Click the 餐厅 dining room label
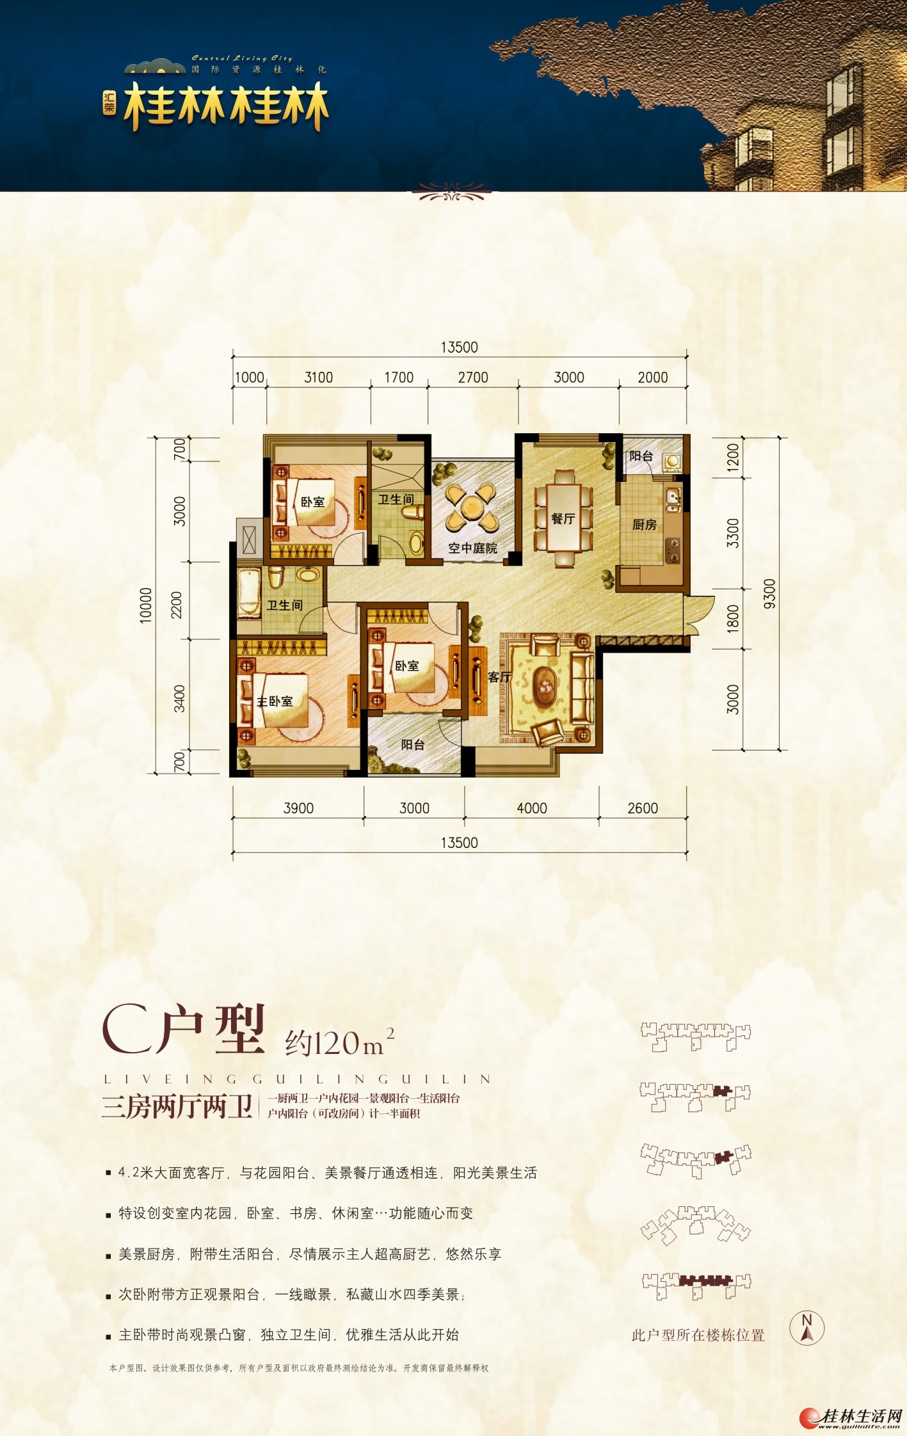(563, 519)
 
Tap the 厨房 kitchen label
(644, 525)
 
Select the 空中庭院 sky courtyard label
(472, 548)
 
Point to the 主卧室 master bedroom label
(275, 701)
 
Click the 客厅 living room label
(499, 677)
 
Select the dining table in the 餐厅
(564, 518)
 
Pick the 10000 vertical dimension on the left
(146, 605)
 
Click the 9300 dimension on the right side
(769, 593)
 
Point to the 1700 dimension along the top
(399, 378)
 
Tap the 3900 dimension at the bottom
(298, 808)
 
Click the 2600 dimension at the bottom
(643, 808)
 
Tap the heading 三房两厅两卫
(177, 1106)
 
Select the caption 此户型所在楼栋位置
(698, 1335)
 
